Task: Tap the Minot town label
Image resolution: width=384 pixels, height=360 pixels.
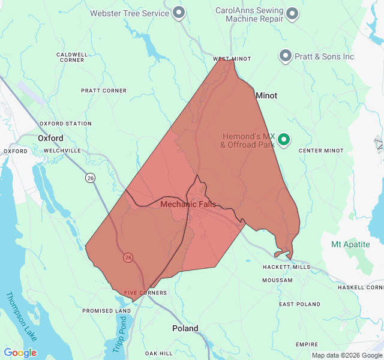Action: pyautogui.click(x=266, y=95)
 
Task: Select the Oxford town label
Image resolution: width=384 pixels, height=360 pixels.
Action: pyautogui.click(x=50, y=138)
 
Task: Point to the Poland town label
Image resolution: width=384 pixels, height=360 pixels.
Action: pyautogui.click(x=185, y=329)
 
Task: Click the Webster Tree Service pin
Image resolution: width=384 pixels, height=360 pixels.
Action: pyautogui.click(x=178, y=12)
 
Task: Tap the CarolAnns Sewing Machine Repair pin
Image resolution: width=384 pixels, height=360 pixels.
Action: pyautogui.click(x=292, y=13)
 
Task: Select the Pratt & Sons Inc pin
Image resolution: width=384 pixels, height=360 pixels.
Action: pyautogui.click(x=286, y=56)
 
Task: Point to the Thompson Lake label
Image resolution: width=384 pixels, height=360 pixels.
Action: pyautogui.click(x=21, y=316)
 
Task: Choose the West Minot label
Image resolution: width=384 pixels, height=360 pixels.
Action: pyautogui.click(x=232, y=59)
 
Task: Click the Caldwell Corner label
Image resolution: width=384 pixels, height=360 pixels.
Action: pyautogui.click(x=71, y=57)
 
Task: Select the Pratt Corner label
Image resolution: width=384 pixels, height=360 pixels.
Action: pyautogui.click(x=104, y=91)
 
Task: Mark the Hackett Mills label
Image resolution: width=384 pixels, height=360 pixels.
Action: pyautogui.click(x=286, y=267)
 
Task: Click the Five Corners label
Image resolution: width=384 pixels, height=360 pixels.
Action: pyautogui.click(x=145, y=293)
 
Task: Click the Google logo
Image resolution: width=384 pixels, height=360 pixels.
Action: pyautogui.click(x=20, y=353)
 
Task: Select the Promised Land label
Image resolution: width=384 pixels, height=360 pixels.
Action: pyautogui.click(x=106, y=311)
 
